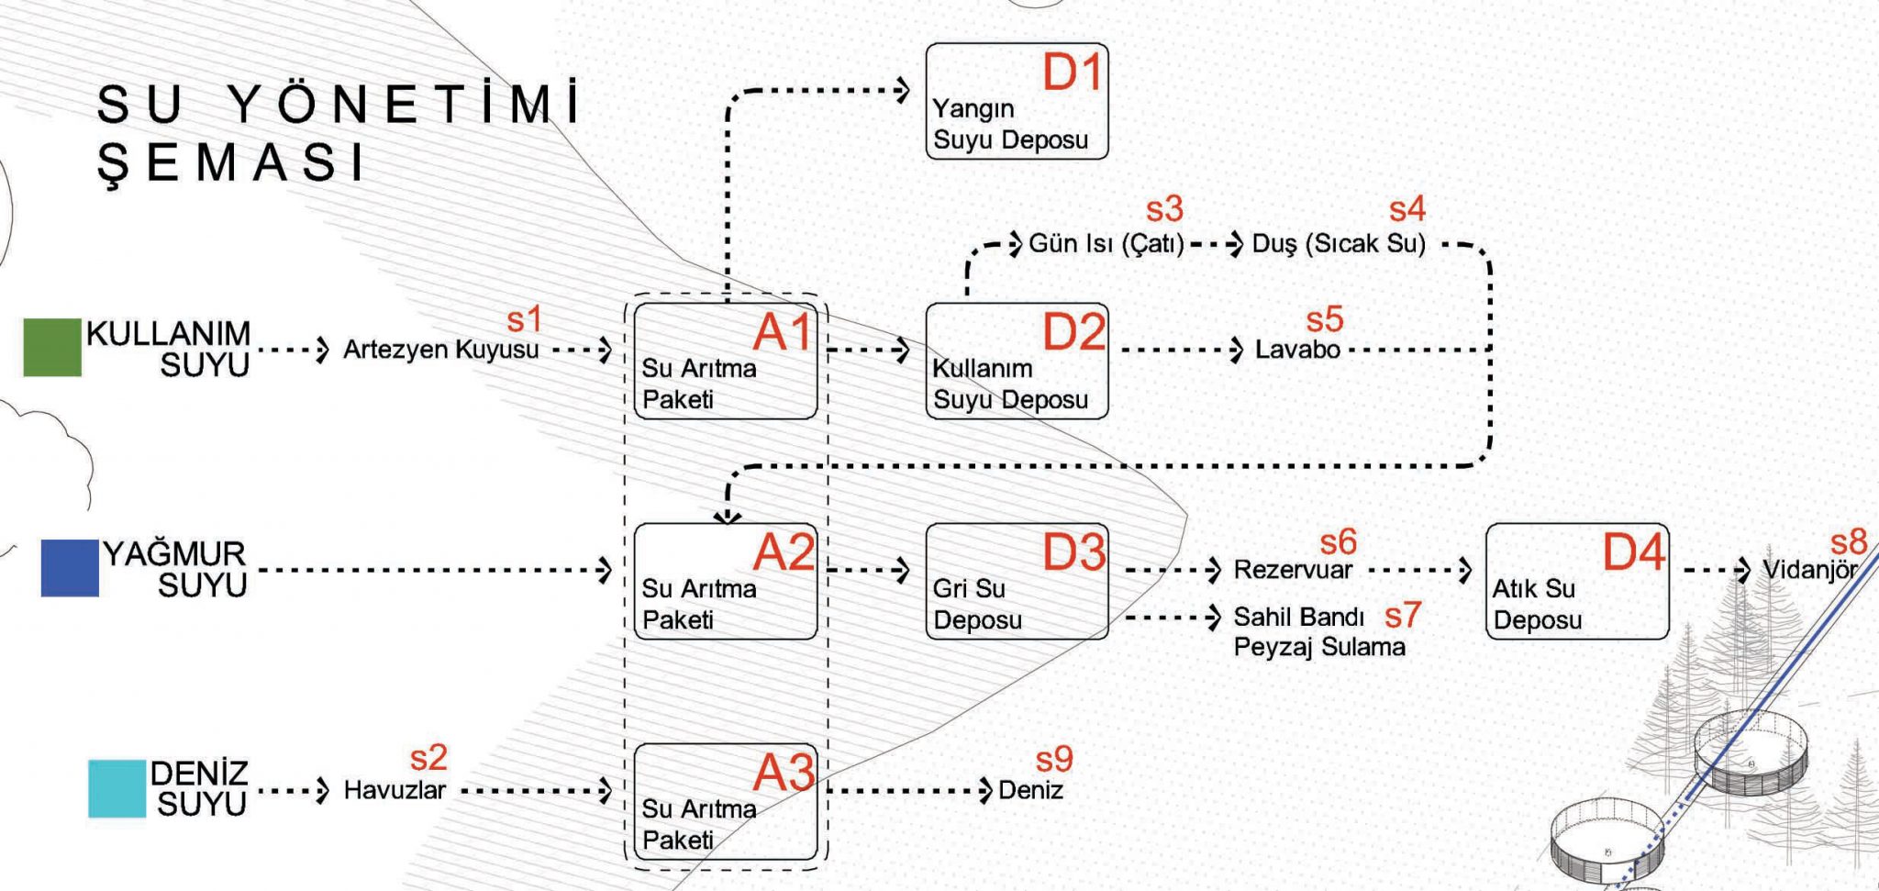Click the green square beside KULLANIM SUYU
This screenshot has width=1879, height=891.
(52, 347)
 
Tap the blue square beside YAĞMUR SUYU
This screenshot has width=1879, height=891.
(70, 568)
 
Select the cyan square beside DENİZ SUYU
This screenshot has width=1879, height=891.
(117, 788)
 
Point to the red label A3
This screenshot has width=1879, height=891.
(783, 772)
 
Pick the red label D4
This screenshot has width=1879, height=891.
(1633, 551)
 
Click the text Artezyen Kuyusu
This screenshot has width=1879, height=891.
(440, 350)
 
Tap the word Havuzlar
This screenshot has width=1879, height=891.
(395, 790)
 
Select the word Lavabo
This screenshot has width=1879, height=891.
(1297, 350)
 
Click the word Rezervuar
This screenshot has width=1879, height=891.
(1293, 570)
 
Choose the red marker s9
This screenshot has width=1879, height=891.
(1054, 759)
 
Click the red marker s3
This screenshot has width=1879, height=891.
(1164, 209)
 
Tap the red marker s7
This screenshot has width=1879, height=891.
(1403, 615)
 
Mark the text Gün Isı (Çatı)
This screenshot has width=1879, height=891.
(1106, 244)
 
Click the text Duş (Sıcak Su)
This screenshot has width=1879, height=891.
(1339, 244)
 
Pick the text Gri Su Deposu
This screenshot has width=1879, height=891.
(977, 604)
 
